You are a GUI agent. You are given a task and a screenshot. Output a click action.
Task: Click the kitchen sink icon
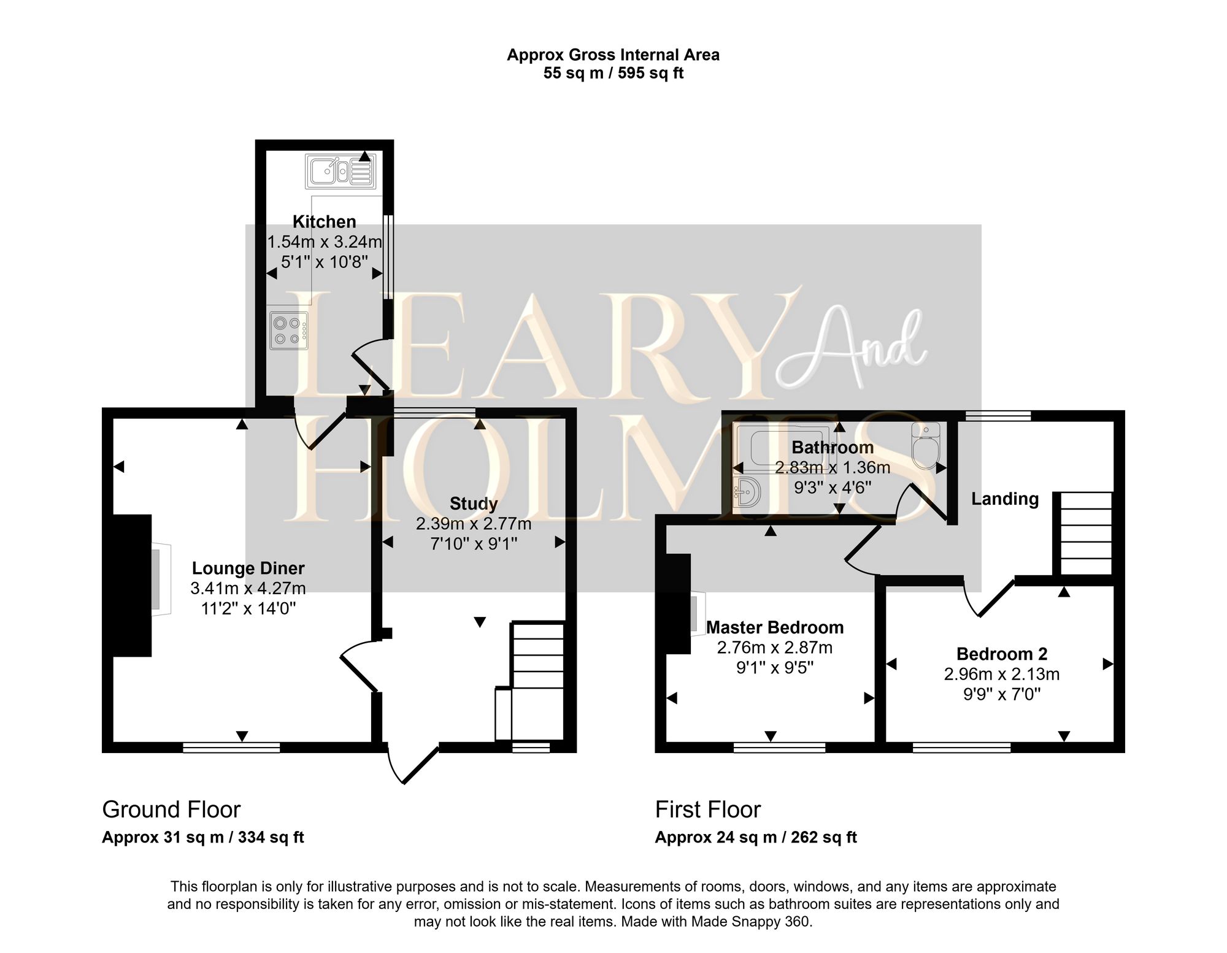(x=341, y=170)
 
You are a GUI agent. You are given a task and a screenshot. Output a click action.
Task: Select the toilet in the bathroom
(x=926, y=446)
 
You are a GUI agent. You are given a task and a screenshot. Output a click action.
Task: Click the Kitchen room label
(x=324, y=221)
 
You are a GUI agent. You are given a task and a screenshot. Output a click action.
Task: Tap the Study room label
(x=473, y=503)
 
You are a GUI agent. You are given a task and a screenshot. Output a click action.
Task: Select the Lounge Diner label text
(x=248, y=568)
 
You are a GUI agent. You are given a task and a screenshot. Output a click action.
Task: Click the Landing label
(x=1004, y=499)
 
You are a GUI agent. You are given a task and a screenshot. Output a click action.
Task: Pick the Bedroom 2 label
(x=1001, y=654)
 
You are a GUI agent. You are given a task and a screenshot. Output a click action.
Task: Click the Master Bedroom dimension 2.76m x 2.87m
(x=774, y=648)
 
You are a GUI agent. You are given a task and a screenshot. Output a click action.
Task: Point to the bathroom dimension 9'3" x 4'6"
(x=832, y=488)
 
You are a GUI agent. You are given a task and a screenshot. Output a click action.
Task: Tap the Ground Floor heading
(x=171, y=809)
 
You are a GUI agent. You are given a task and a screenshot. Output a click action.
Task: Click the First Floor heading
(x=707, y=809)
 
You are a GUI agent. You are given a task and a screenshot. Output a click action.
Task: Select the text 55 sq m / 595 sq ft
(x=613, y=74)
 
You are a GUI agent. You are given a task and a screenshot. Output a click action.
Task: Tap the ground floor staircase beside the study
(x=537, y=681)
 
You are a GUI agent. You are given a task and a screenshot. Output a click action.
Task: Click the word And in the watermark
(x=853, y=350)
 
